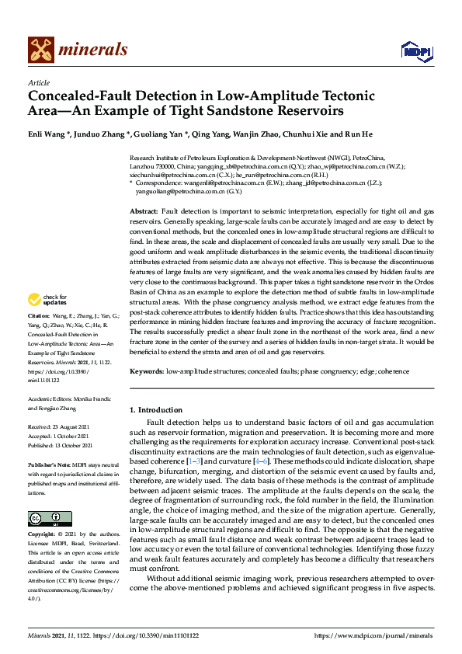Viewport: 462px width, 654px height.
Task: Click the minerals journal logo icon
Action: click(40, 50)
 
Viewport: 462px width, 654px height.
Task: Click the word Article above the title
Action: click(38, 82)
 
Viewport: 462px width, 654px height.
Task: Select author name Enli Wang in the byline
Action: click(47, 138)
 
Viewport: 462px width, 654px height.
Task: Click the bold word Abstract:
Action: click(144, 211)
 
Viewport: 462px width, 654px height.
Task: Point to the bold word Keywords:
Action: click(147, 372)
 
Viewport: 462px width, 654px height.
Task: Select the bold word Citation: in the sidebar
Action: click(38, 339)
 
